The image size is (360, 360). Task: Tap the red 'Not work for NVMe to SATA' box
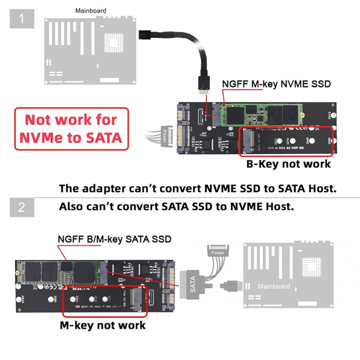click(x=71, y=129)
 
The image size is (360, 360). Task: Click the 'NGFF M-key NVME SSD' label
click(x=276, y=84)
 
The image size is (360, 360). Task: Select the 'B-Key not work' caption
click(x=288, y=164)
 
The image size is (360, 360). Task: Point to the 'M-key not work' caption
click(x=103, y=325)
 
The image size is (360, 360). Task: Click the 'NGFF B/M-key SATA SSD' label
click(x=114, y=239)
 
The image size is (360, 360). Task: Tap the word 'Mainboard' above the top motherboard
click(x=91, y=10)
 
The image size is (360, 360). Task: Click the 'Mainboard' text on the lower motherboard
click(x=274, y=286)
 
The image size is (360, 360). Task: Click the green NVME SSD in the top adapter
click(x=262, y=115)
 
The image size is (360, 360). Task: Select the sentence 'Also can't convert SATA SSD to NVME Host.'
click(x=176, y=207)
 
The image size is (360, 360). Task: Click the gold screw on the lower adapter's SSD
click(x=19, y=273)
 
